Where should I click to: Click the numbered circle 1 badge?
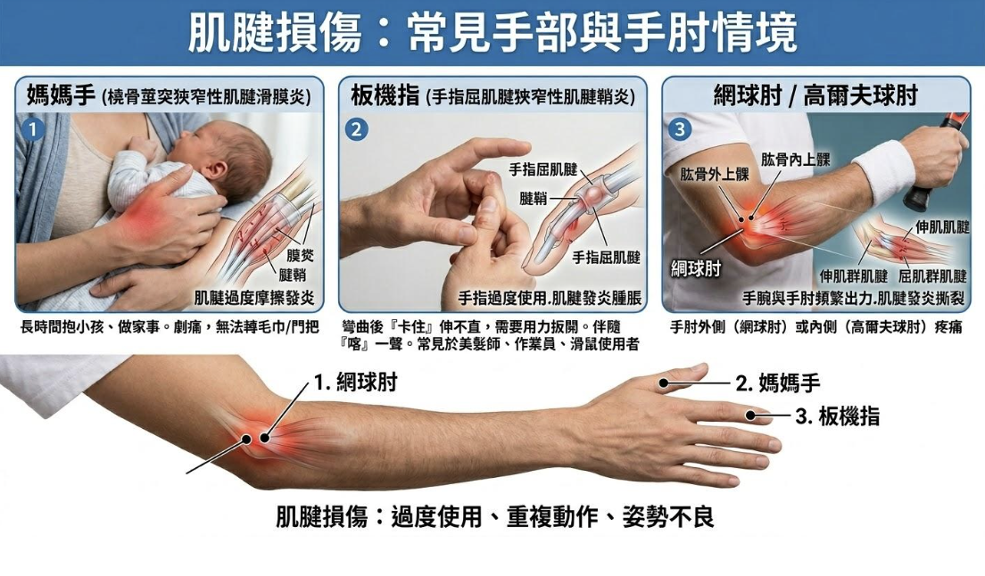point(33,130)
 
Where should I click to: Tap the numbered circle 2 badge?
point(357,130)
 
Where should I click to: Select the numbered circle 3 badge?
point(680,130)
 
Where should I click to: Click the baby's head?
point(234,157)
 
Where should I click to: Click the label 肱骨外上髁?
point(715,174)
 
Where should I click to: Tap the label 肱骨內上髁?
point(796,160)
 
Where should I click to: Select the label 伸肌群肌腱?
point(854,276)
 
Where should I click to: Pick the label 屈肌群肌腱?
point(932,276)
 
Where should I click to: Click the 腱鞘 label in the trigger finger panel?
point(534,199)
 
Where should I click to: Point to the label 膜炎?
point(301,255)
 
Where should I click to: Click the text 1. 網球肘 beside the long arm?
point(356,383)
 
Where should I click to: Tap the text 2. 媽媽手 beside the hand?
point(778,383)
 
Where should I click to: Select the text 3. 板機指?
point(838,416)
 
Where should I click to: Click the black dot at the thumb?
point(664,383)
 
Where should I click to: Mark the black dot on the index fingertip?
point(750,415)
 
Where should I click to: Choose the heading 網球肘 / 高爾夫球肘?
point(816,95)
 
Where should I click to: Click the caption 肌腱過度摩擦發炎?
point(254,298)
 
